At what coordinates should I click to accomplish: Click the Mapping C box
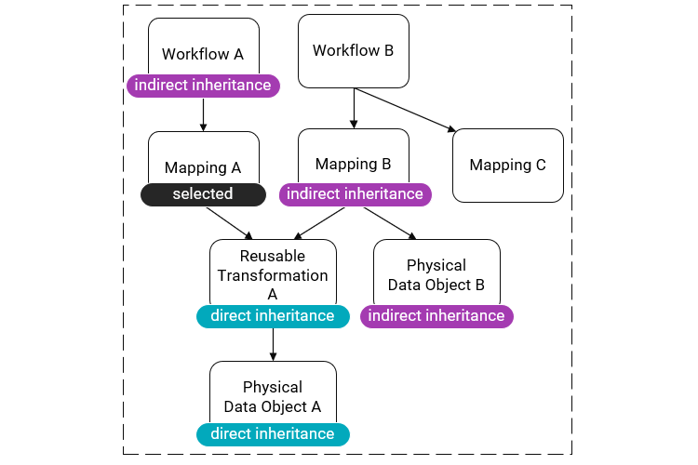click(507, 166)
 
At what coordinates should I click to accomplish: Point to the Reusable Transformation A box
click(273, 272)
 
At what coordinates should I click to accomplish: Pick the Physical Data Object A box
click(273, 394)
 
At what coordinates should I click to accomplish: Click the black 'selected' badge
click(203, 194)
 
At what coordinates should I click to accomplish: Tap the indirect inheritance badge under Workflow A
click(203, 86)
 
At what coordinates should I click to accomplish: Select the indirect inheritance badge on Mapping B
click(355, 194)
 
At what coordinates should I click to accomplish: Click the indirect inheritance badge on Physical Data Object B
click(436, 316)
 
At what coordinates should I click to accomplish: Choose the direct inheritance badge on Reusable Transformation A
click(273, 316)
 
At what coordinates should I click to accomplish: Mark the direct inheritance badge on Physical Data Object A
click(273, 434)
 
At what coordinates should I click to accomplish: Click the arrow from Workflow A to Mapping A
click(203, 114)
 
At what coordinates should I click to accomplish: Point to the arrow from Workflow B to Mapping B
click(353, 109)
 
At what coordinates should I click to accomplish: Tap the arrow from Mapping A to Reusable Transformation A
click(229, 221)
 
